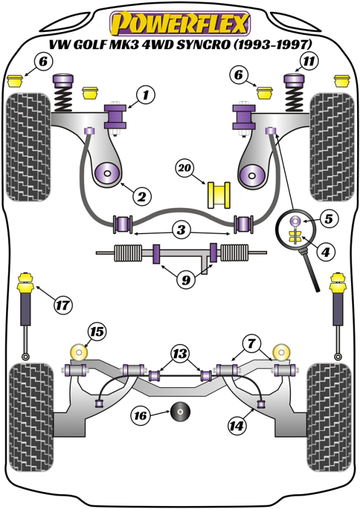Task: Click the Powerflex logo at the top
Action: click(x=180, y=23)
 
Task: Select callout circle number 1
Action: click(x=145, y=94)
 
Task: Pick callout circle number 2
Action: click(x=141, y=196)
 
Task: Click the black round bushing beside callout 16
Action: click(x=180, y=412)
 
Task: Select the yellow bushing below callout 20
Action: click(x=220, y=194)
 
